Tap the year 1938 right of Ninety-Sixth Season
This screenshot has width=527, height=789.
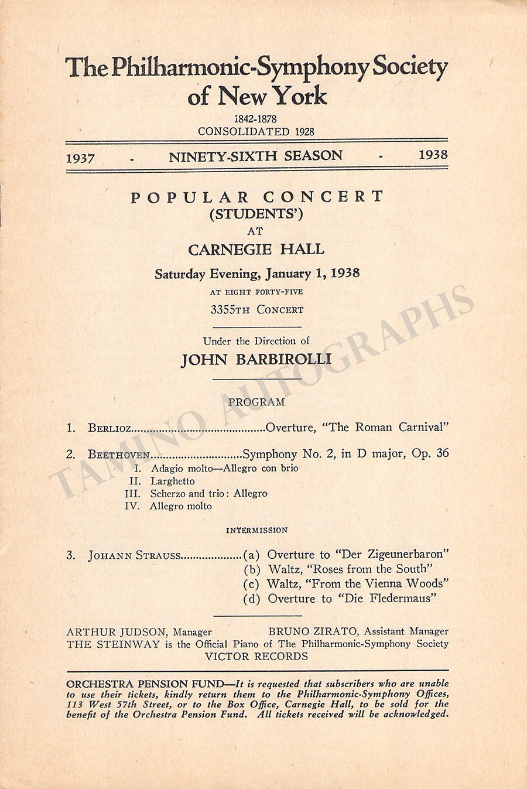click(x=433, y=155)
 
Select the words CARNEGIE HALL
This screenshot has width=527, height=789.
click(x=256, y=250)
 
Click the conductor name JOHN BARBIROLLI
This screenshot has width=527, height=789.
click(x=256, y=359)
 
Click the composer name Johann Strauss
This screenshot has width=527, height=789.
click(x=135, y=555)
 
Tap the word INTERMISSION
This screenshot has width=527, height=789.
click(x=257, y=530)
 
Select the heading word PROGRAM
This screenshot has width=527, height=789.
click(x=256, y=402)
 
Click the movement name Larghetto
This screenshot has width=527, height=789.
click(x=172, y=481)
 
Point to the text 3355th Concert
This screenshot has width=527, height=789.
click(x=256, y=309)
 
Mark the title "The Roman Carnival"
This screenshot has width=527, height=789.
click(x=384, y=427)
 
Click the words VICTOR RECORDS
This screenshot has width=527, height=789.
click(x=256, y=656)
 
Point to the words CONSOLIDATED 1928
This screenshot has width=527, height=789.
click(x=256, y=131)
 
